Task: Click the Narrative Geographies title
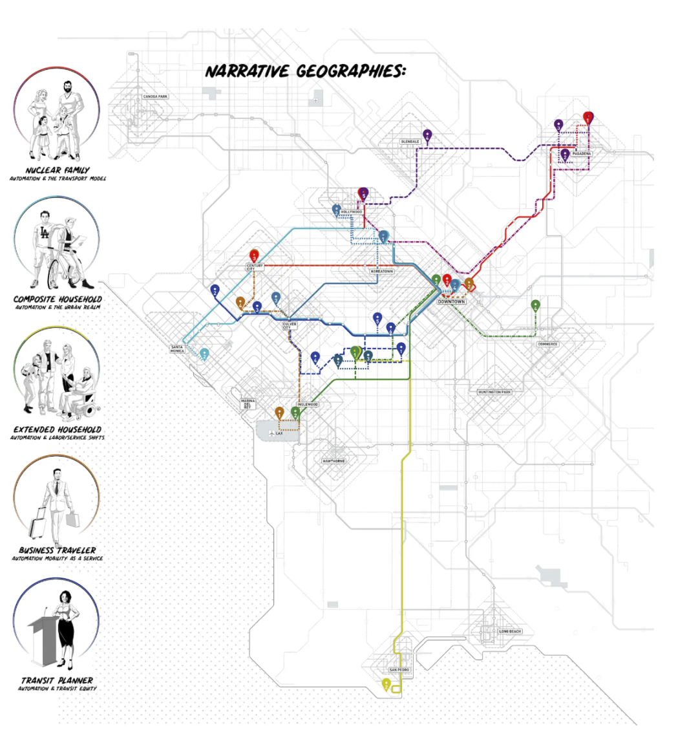[x=305, y=71]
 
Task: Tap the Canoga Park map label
[x=155, y=97]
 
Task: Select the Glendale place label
[x=410, y=142]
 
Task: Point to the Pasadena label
[x=581, y=154]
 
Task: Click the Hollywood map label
[x=352, y=212]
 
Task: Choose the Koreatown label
[x=382, y=272]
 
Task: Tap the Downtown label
[x=451, y=302]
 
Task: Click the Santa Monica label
[x=177, y=349]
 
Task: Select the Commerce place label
[x=547, y=345]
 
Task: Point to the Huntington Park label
[x=494, y=393]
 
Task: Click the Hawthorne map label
[x=333, y=461]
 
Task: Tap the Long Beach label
[x=510, y=631]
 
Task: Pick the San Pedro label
[x=399, y=670]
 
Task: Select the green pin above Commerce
[x=535, y=306]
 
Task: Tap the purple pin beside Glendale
[x=427, y=135]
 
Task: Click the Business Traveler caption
[x=58, y=550]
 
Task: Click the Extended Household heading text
[x=58, y=429]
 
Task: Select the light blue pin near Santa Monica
[x=204, y=354]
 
